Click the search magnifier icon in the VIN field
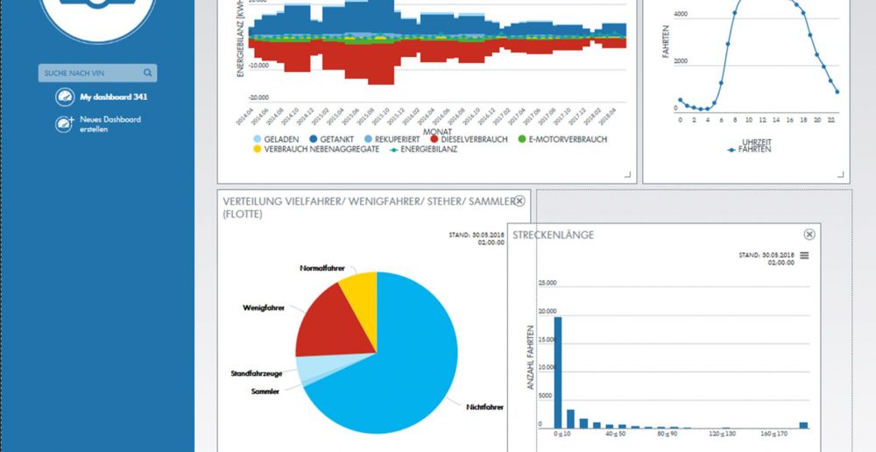[x=148, y=74]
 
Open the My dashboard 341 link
[x=107, y=97]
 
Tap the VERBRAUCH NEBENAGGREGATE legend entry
[x=315, y=150]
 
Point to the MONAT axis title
[x=435, y=131]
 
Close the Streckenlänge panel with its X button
[x=809, y=235]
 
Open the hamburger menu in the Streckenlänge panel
[x=804, y=255]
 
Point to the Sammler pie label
[x=265, y=392]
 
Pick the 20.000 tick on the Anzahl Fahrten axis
[x=546, y=312]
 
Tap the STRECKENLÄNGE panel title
[x=553, y=235]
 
